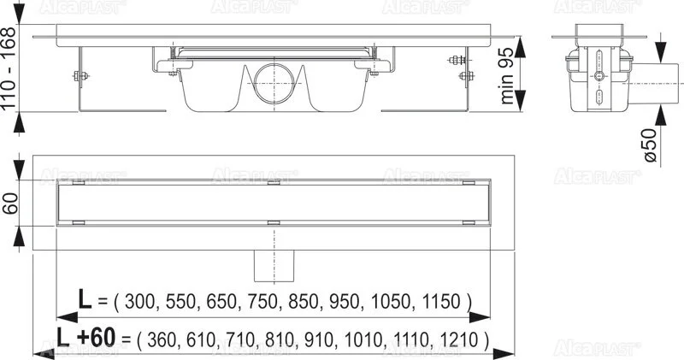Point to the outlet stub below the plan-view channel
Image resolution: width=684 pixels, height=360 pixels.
coord(273,266)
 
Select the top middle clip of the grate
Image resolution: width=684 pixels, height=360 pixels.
coord(274,182)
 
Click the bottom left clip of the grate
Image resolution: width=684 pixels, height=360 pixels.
coord(79,224)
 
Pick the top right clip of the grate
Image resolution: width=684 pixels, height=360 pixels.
coord(467,182)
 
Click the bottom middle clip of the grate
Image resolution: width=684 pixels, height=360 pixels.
coord(274,224)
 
